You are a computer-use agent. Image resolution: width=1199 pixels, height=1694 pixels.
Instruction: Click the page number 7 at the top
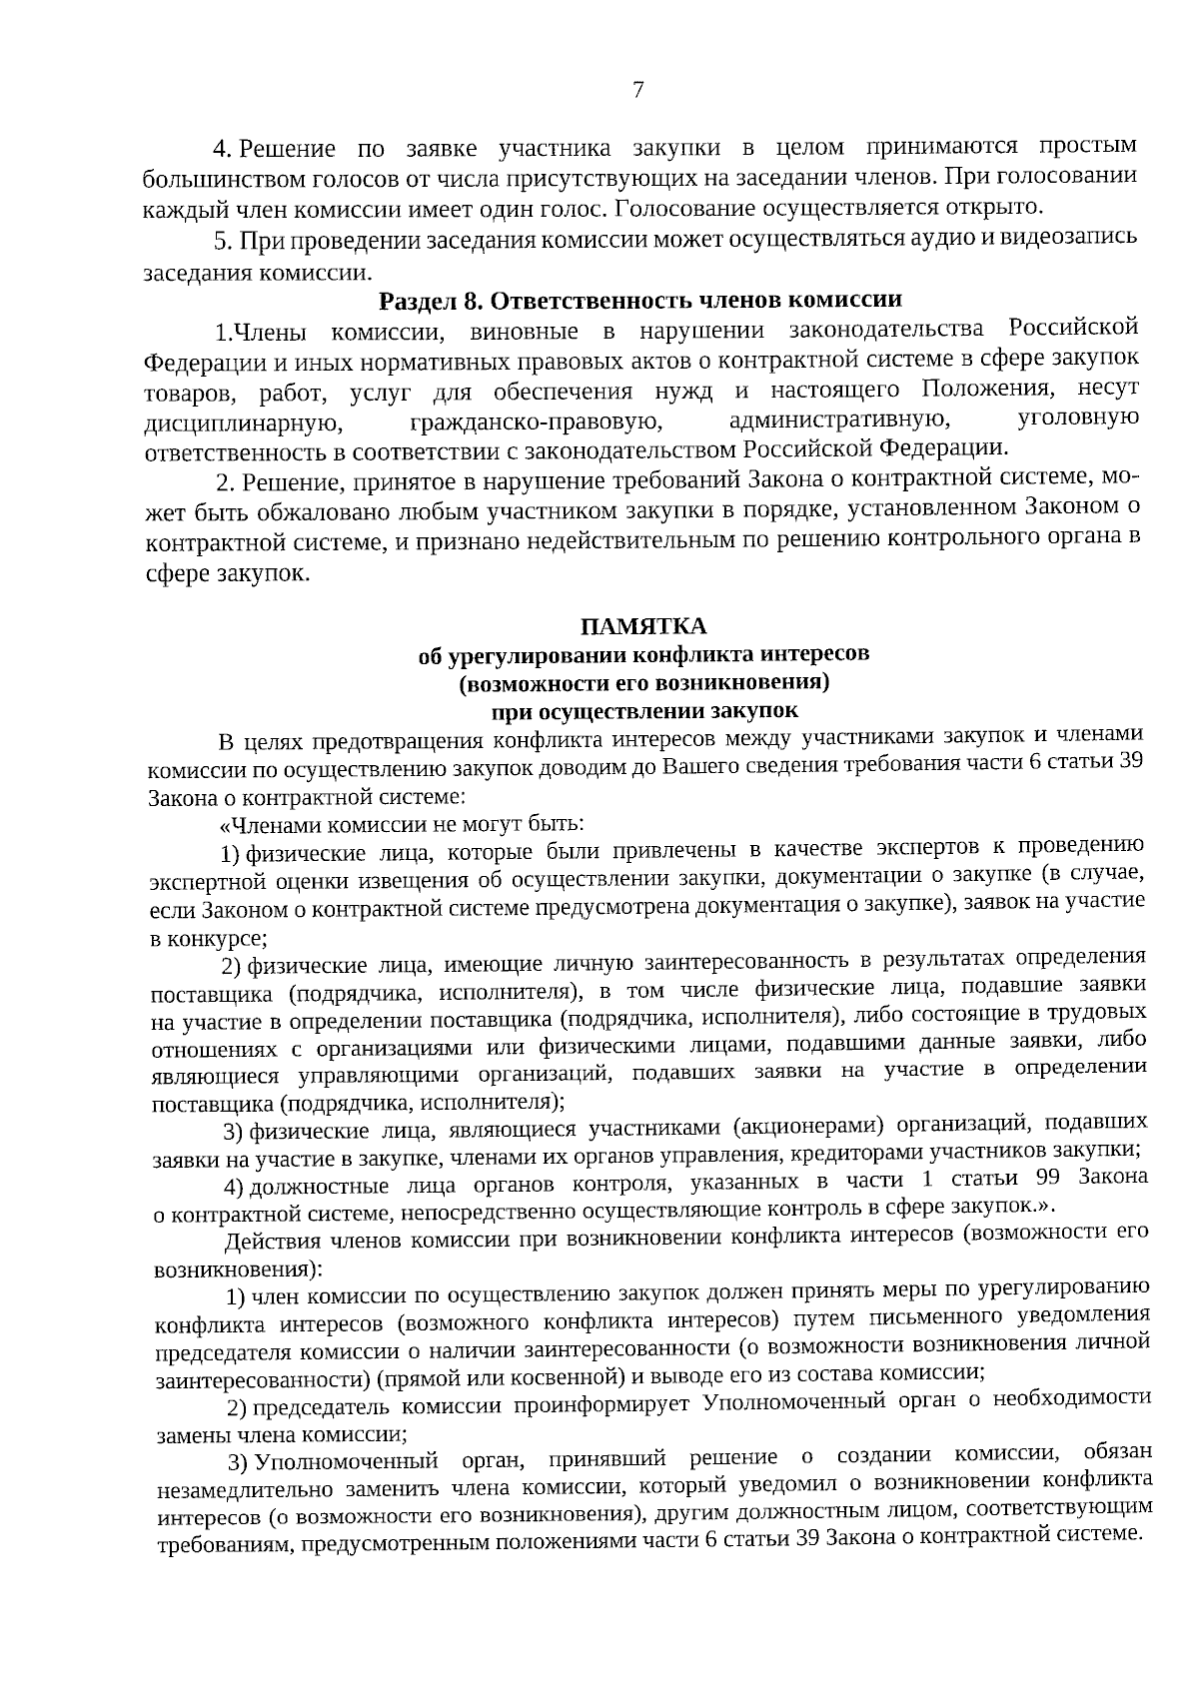[638, 91]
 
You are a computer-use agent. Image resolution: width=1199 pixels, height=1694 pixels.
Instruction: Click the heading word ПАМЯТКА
[644, 626]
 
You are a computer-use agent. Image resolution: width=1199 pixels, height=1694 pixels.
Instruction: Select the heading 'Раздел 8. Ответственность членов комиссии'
[640, 300]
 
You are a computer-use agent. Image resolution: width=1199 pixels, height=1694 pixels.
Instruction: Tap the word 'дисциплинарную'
[232, 423]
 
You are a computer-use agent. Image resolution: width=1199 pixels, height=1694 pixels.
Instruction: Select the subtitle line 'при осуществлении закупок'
[645, 711]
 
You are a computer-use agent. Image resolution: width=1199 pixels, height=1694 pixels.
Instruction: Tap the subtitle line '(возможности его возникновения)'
[644, 683]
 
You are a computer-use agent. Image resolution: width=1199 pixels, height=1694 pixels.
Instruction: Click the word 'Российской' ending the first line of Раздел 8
[1074, 328]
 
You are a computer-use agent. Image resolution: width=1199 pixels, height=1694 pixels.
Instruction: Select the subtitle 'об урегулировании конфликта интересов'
[644, 655]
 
